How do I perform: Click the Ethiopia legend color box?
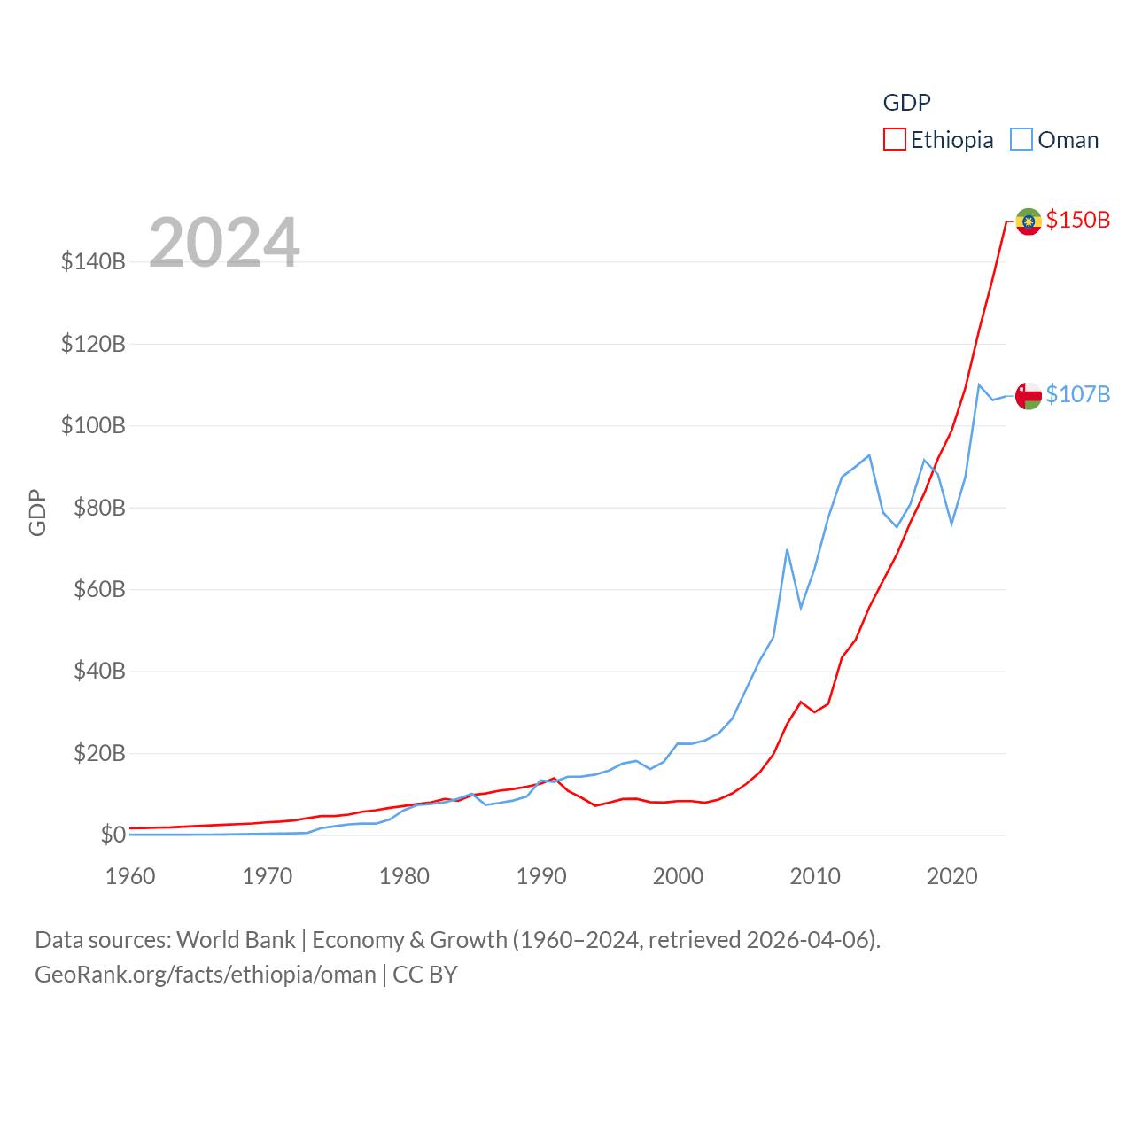(895, 140)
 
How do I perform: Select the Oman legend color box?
(1021, 140)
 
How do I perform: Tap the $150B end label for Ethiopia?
(1077, 220)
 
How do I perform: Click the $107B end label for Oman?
(1077, 394)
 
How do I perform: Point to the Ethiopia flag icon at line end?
(1028, 221)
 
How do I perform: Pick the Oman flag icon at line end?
(1028, 395)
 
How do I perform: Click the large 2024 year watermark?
(224, 243)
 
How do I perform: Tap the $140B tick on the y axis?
(93, 261)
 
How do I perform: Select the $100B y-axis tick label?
(93, 425)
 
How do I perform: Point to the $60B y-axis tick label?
(99, 589)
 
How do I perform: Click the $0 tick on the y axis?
(113, 835)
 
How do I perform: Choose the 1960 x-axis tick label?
(130, 876)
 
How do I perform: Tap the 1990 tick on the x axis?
(541, 876)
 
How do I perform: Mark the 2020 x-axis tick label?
(951, 876)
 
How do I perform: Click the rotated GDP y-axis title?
(37, 512)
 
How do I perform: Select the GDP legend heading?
(906, 103)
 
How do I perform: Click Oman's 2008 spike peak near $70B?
(787, 550)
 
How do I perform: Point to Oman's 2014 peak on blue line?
(869, 455)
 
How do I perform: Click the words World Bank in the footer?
(236, 939)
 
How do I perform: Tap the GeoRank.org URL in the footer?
(206, 975)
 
